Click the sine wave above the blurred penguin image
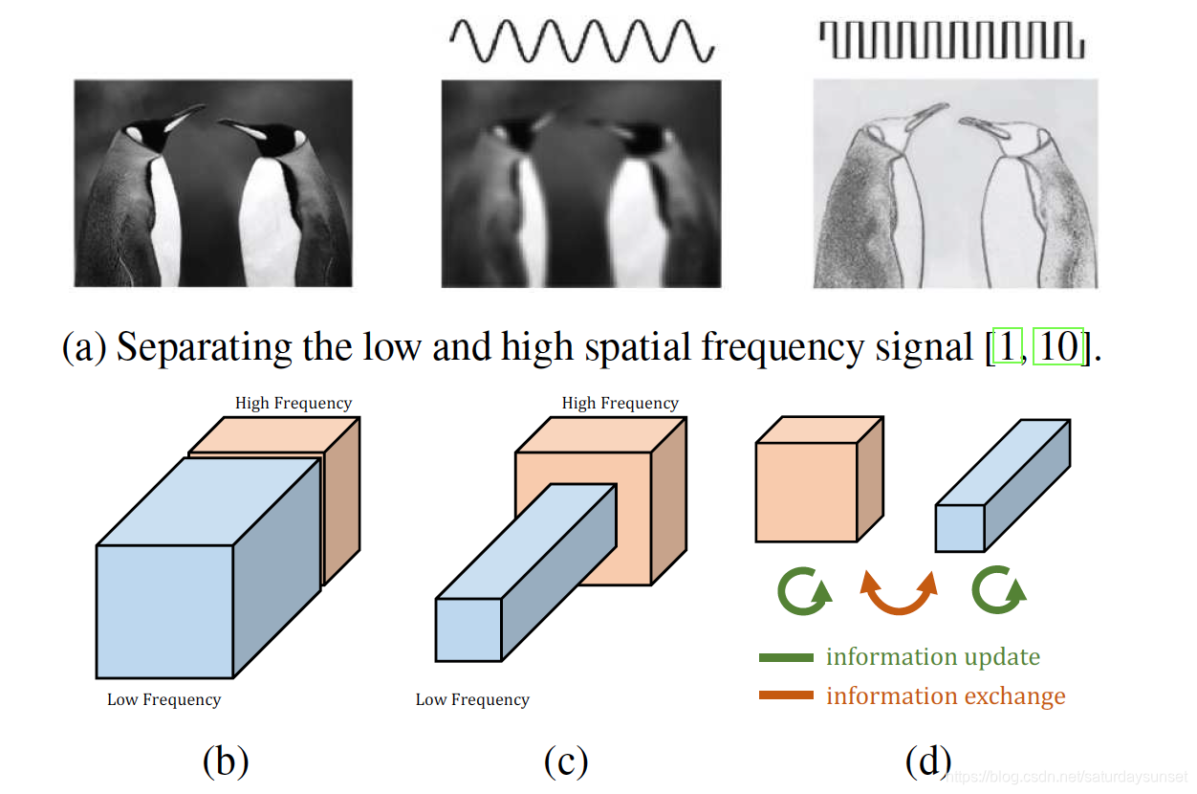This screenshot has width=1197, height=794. point(580,41)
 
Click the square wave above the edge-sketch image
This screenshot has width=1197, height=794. point(951,40)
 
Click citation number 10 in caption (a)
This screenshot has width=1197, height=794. point(1058,347)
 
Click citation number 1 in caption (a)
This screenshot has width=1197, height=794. point(1007,347)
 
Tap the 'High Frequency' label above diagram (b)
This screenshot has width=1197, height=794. point(294,404)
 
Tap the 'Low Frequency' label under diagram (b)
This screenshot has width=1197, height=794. point(163,699)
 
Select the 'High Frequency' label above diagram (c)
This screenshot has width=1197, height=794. point(620,404)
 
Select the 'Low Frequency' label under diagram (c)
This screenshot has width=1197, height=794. point(472,699)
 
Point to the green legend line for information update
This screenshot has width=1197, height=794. point(786,657)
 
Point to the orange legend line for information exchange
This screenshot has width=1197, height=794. point(786,695)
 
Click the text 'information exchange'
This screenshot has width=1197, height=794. point(946,695)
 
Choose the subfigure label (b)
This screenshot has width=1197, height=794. point(226,761)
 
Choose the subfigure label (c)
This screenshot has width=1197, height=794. point(566,761)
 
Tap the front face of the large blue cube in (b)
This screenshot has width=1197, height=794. point(164,610)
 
